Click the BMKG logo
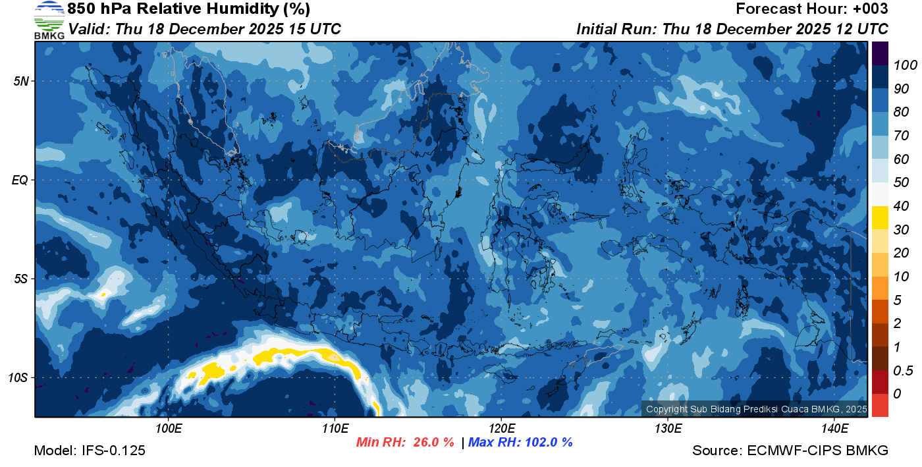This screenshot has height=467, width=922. click(x=49, y=20)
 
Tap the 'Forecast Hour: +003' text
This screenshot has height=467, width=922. click(x=812, y=9)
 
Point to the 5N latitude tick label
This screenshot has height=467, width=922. click(x=20, y=81)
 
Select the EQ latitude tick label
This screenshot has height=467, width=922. click(x=20, y=180)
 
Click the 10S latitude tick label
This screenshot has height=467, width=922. click(x=18, y=378)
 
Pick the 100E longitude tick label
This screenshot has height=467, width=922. click(x=169, y=429)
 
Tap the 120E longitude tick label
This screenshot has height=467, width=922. click(x=501, y=429)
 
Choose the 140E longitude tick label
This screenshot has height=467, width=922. click(x=834, y=429)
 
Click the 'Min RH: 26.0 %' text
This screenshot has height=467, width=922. click(x=405, y=443)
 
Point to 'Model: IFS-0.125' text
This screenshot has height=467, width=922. click(x=90, y=451)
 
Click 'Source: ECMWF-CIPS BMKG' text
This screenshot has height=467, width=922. click(x=790, y=451)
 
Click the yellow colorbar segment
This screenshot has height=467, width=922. click(x=881, y=217)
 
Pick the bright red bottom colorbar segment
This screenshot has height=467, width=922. click(x=881, y=404)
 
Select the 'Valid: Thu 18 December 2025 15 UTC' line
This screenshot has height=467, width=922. click(x=205, y=29)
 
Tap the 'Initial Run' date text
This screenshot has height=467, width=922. click(x=732, y=29)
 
